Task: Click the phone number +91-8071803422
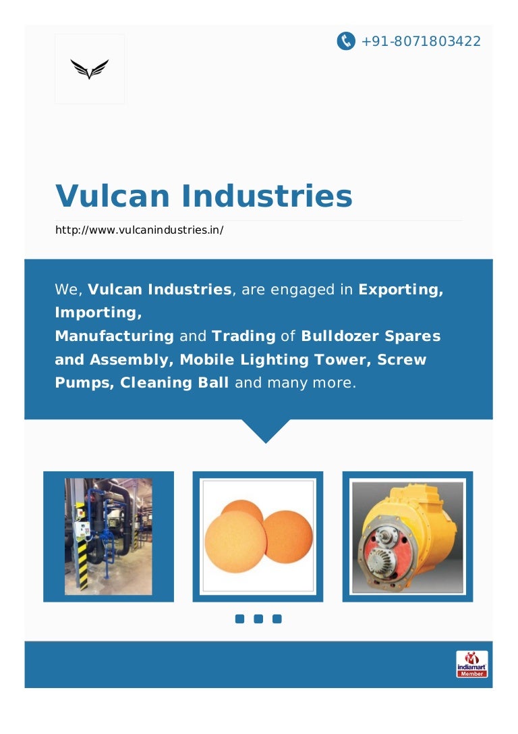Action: pyautogui.click(x=421, y=41)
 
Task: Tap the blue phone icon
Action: pyautogui.click(x=346, y=41)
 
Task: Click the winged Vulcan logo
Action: pyautogui.click(x=90, y=69)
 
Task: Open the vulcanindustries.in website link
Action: pyautogui.click(x=139, y=230)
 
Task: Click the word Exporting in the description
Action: pyautogui.click(x=401, y=290)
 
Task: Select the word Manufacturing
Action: pyautogui.click(x=114, y=336)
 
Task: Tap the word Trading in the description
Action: pyautogui.click(x=243, y=336)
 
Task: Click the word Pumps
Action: pyautogui.click(x=84, y=382)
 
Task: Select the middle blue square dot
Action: pyautogui.click(x=258, y=619)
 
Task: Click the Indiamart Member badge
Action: pyautogui.click(x=471, y=664)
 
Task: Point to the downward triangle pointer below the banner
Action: pyautogui.click(x=265, y=430)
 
